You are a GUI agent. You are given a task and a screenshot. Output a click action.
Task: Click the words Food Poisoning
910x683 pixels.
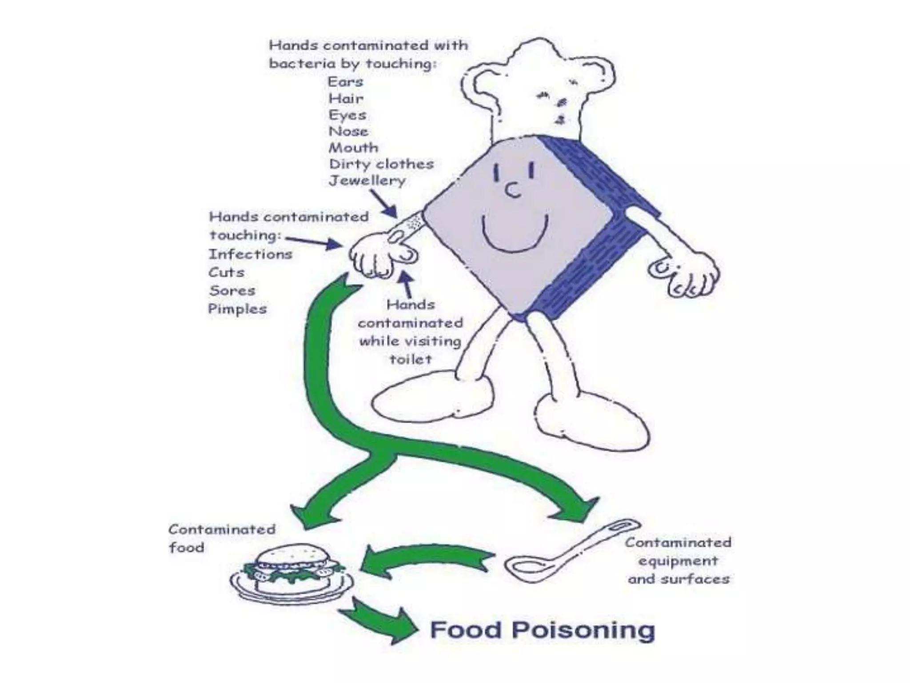pos(542,631)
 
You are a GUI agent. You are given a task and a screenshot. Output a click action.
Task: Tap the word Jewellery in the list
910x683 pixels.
pos(367,181)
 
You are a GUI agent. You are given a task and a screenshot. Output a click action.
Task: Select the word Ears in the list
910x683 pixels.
pos(345,82)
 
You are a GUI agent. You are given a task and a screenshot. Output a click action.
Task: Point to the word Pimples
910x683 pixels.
pos(237,309)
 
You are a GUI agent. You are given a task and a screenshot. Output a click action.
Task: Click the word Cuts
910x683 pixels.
pos(226,272)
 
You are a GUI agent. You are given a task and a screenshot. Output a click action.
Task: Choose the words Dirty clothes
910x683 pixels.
pos(381,164)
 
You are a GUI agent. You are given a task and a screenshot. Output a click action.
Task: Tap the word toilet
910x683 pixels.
pos(410,359)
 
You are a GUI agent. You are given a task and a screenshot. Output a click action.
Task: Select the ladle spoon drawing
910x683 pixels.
pos(569,554)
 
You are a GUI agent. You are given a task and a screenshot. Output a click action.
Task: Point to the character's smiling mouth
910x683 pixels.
pos(515,236)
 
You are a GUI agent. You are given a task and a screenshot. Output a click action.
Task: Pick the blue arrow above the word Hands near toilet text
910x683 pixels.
pos(407,284)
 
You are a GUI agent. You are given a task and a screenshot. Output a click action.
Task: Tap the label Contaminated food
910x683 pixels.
pos(221,538)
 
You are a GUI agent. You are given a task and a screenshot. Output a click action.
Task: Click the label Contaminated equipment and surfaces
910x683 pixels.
pos(678,561)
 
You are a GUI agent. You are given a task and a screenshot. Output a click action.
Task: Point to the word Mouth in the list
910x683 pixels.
pos(353,148)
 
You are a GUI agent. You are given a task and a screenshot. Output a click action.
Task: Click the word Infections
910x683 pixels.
pos(251,254)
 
